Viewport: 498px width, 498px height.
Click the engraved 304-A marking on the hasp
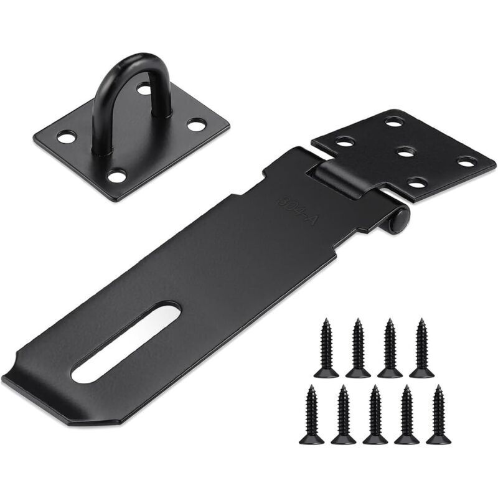[297, 210]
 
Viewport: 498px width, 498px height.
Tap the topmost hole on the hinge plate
[395, 121]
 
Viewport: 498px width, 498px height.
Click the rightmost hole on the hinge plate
[467, 162]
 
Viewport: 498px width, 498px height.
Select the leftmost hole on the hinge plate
[345, 141]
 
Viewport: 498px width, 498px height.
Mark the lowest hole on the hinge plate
[418, 182]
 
